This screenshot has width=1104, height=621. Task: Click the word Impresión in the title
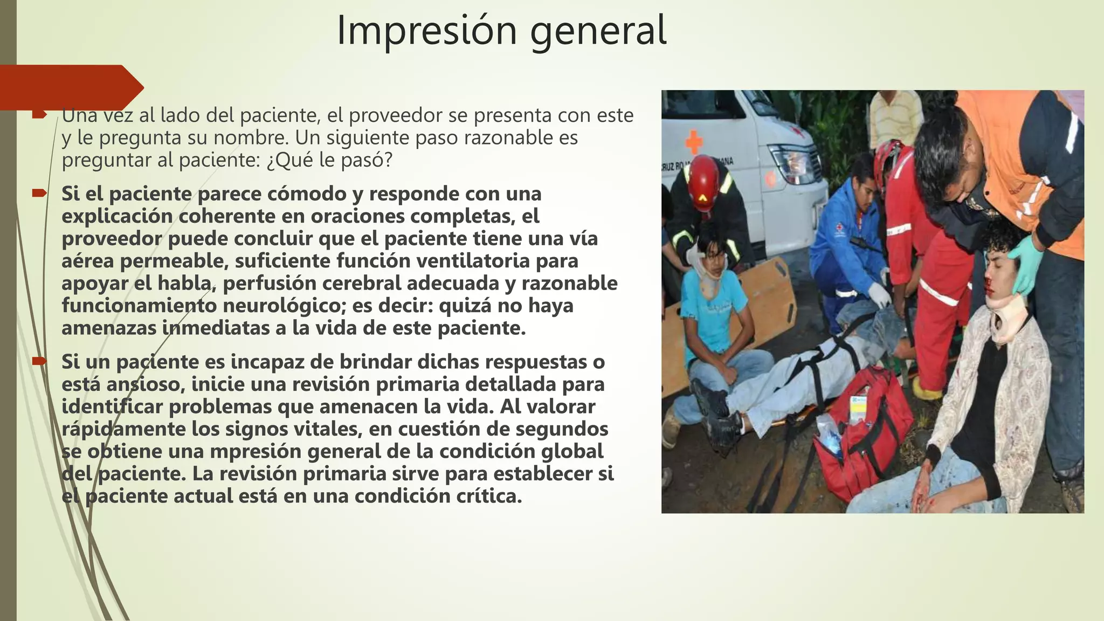tap(426, 31)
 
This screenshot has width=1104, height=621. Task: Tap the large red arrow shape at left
tap(70, 87)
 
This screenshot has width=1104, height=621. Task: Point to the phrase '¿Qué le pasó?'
tap(329, 161)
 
